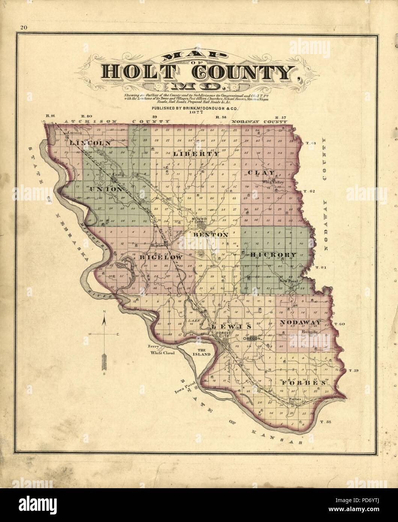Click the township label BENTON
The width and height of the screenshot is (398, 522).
pyautogui.click(x=211, y=234)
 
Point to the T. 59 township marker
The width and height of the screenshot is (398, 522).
pyautogui.click(x=354, y=371)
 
